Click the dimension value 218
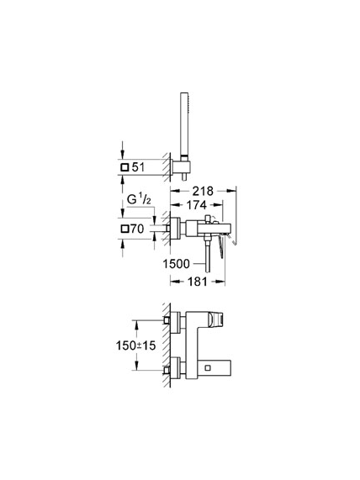tap(203, 191)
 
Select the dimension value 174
tap(196, 205)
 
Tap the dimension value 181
tap(198, 282)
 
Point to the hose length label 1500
tap(176, 264)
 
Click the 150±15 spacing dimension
tap(135, 345)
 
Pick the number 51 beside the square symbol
tap(138, 167)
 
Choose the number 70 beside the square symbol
tap(137, 229)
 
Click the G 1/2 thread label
tap(139, 199)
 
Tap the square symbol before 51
tap(125, 167)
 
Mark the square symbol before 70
tap(125, 229)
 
